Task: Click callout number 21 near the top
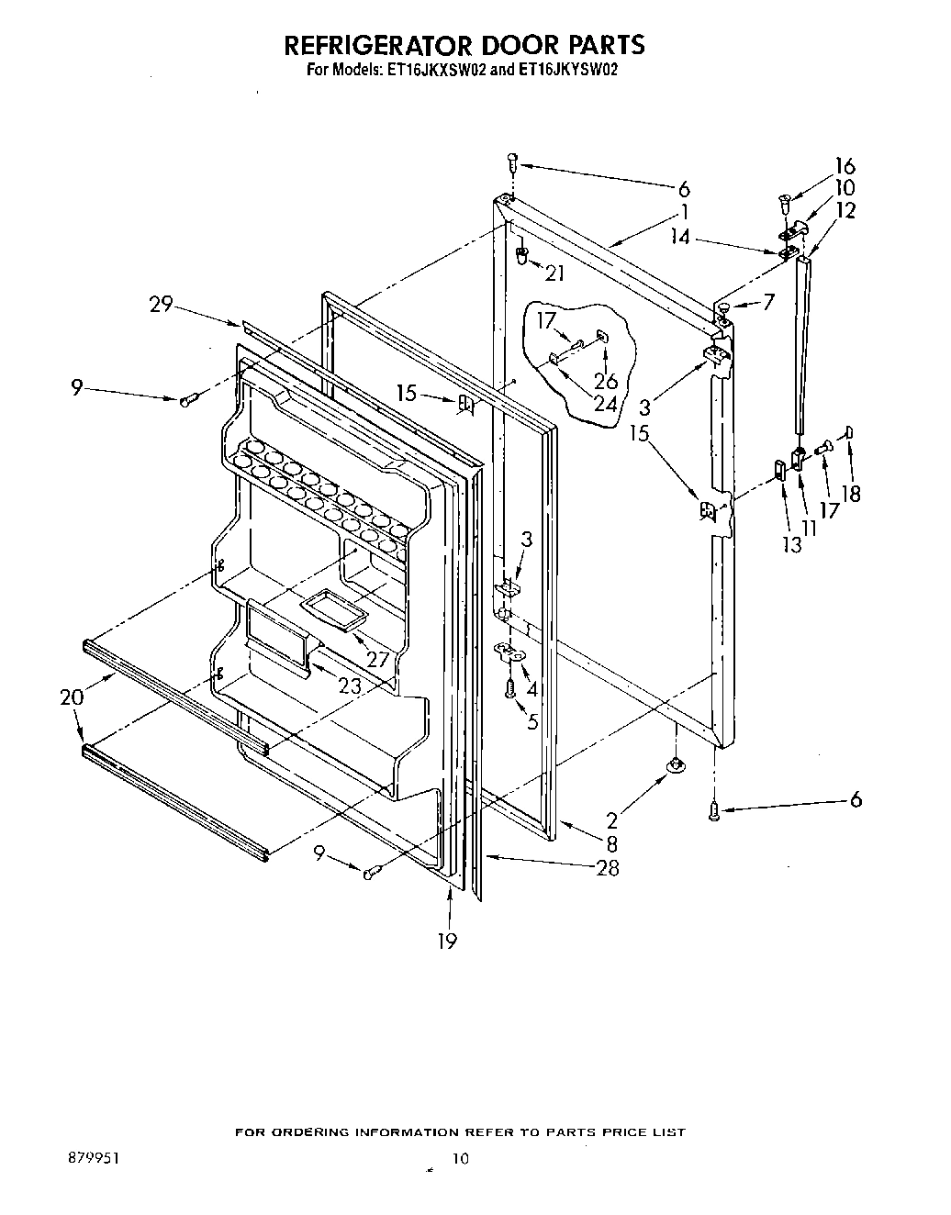click(x=554, y=273)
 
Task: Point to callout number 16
click(x=845, y=166)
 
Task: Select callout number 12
click(x=845, y=210)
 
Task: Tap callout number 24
click(x=605, y=401)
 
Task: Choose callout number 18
click(x=851, y=494)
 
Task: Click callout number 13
click(x=791, y=544)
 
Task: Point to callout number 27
click(x=378, y=659)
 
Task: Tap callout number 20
click(x=72, y=697)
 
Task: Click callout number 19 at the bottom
click(x=447, y=941)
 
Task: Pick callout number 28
click(x=608, y=868)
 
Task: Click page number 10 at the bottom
click(x=460, y=1159)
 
